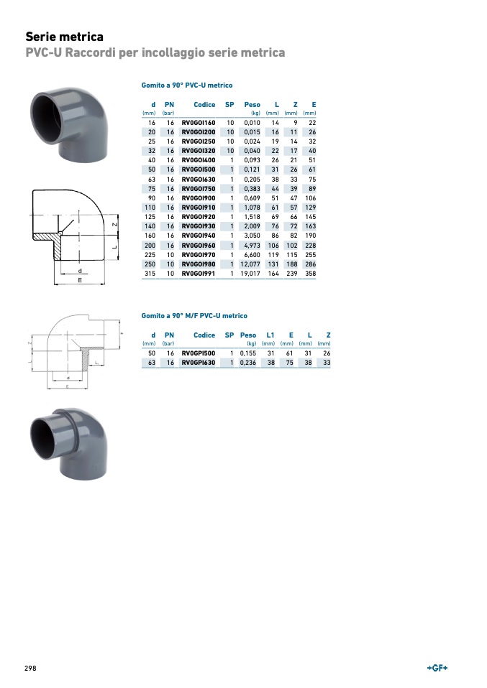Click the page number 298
point(30,668)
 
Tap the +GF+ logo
point(437,668)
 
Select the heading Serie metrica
point(65,37)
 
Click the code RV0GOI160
point(199,123)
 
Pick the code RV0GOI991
point(199,274)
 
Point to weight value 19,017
point(250,274)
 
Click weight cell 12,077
point(250,264)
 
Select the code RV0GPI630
point(199,363)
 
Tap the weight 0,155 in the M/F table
point(248,353)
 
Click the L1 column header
point(270,335)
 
